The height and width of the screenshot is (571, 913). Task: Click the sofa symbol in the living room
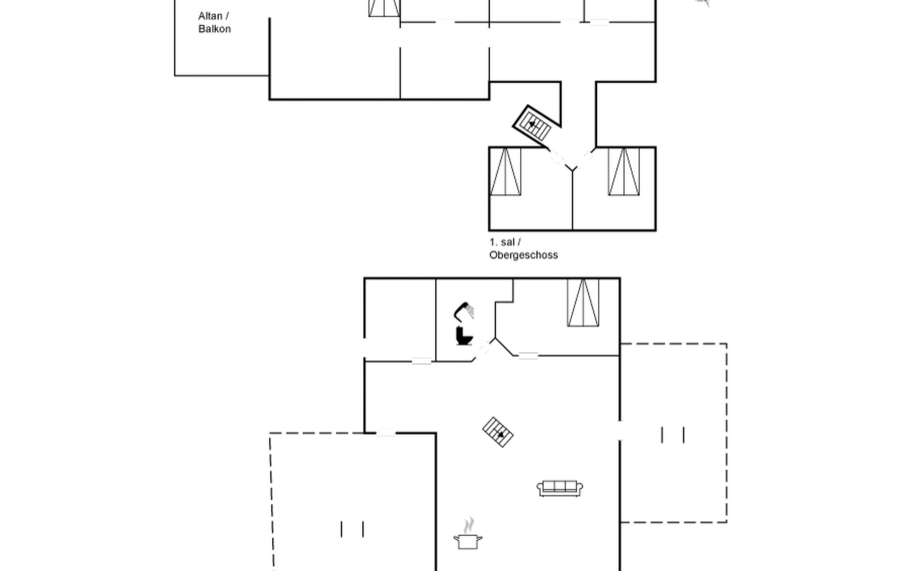[560, 488]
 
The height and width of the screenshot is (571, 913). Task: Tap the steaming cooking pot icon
[468, 534]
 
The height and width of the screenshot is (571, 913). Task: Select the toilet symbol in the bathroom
[464, 335]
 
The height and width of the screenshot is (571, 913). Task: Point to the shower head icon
[464, 311]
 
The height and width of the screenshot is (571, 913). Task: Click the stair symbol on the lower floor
[498, 432]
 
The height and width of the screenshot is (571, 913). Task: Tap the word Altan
[210, 16]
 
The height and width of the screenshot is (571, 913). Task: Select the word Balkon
[214, 29]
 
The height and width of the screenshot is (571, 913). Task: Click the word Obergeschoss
[524, 255]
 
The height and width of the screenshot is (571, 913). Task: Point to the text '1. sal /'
[505, 242]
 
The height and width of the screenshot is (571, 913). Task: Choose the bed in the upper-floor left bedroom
[505, 171]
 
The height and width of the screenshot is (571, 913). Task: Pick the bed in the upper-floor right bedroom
[624, 171]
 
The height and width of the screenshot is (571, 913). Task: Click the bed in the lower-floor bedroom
[583, 303]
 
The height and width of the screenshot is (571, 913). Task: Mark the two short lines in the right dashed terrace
[673, 435]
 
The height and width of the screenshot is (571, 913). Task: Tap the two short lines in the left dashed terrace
[352, 529]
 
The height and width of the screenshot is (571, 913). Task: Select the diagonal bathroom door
[484, 350]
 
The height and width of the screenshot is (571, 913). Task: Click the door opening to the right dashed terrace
[620, 431]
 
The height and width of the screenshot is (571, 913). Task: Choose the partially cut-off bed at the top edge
[384, 8]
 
